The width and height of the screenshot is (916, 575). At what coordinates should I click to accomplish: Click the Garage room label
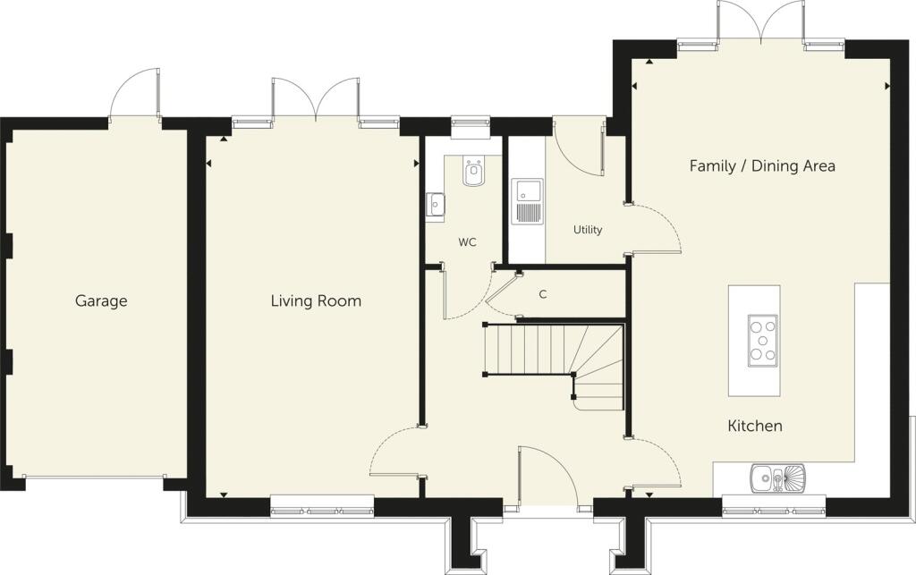tap(100, 301)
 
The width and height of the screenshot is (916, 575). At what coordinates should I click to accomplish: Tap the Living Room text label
tap(316, 301)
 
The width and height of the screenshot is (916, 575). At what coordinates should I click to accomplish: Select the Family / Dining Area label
tap(762, 165)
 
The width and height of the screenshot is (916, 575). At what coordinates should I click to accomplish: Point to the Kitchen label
tap(755, 426)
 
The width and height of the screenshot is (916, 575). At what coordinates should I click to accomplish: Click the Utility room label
tap(587, 230)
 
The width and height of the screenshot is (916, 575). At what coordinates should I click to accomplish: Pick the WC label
tap(466, 242)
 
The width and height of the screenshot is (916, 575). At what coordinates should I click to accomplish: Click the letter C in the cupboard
tap(542, 293)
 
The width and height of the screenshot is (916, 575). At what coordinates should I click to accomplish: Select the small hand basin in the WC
tap(435, 206)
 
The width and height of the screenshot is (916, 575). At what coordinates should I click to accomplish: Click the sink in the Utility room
tap(526, 201)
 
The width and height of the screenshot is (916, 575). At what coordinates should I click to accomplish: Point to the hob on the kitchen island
tap(761, 341)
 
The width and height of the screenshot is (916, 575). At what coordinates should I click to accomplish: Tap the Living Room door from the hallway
tap(394, 452)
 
